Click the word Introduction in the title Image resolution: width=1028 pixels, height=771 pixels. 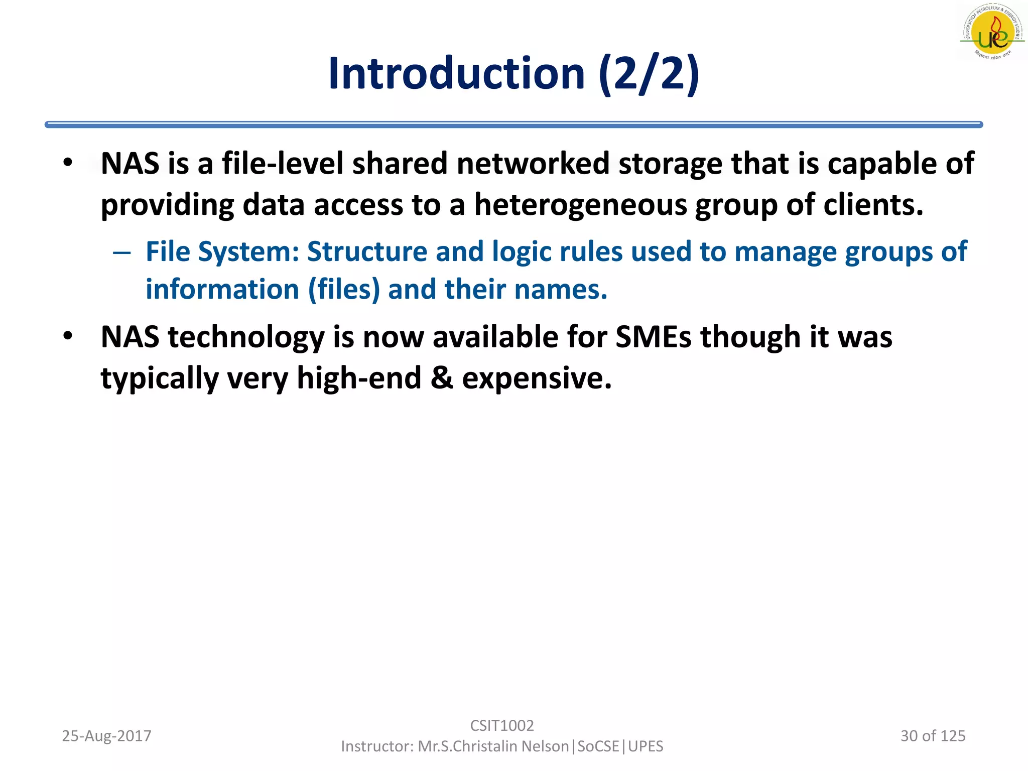pyautogui.click(x=456, y=74)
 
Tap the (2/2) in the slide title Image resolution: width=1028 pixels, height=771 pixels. pyautogui.click(x=649, y=74)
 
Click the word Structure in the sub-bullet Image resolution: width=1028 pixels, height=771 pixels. pyautogui.click(x=367, y=251)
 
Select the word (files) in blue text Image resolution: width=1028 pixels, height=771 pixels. pyautogui.click(x=344, y=290)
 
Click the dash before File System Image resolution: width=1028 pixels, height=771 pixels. pyautogui.click(x=121, y=252)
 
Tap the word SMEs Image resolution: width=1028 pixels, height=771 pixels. pyautogui.click(x=654, y=337)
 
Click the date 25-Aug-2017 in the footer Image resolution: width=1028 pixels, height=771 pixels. pyautogui.click(x=106, y=736)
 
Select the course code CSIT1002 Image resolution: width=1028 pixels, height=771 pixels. pyautogui.click(x=502, y=725)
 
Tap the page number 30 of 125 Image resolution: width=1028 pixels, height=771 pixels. pyautogui.click(x=933, y=736)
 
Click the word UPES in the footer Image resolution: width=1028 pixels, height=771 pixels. pyautogui.click(x=646, y=746)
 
